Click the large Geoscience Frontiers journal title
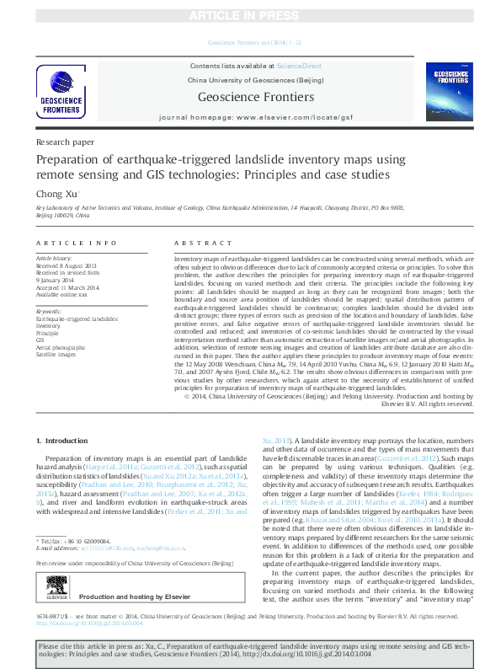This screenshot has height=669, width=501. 250,96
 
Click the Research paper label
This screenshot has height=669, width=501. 65,143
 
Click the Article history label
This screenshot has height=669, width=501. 54,258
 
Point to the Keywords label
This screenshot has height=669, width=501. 49,312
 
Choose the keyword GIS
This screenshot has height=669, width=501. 40,340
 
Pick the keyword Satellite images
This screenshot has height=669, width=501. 56,353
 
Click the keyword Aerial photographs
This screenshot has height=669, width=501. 61,346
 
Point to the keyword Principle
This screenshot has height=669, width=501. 47,333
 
